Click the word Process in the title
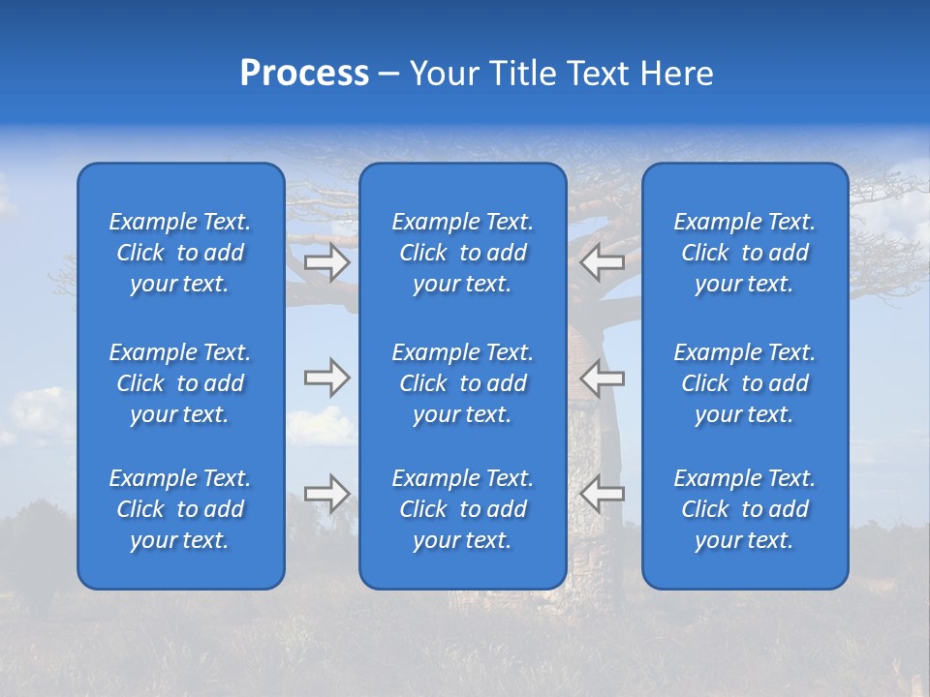(304, 74)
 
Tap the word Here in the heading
(676, 74)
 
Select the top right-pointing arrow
(327, 261)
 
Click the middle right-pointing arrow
(327, 378)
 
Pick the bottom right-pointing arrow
(327, 494)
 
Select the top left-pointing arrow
(602, 261)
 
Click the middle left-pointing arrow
(602, 378)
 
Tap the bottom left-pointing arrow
(602, 494)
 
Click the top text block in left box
(180, 253)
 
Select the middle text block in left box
(180, 383)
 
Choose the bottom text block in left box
(180, 509)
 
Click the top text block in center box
(463, 253)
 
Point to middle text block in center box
(463, 383)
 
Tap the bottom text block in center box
(463, 509)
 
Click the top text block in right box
(745, 253)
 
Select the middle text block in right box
(745, 383)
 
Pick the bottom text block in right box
(745, 509)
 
